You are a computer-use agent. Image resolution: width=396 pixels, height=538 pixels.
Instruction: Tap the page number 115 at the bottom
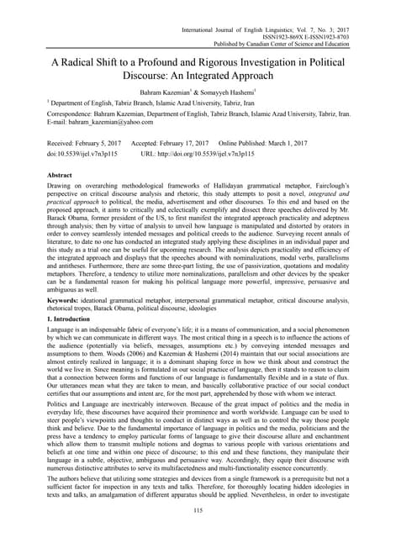coord(198,510)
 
